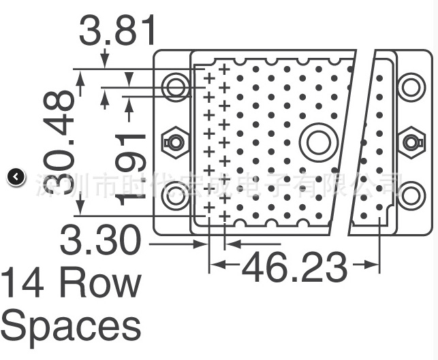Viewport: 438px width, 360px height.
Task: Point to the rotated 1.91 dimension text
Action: [131, 168]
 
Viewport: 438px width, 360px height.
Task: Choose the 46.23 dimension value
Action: [294, 267]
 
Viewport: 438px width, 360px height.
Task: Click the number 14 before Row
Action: [24, 282]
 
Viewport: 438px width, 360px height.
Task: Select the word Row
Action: [100, 282]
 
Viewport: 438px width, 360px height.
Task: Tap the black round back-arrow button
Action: [16, 178]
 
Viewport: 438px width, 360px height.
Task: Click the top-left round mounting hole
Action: [176, 86]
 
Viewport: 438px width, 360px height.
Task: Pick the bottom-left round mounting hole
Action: [176, 196]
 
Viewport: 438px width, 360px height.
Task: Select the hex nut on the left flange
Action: [175, 142]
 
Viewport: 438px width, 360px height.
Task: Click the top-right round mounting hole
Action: [411, 86]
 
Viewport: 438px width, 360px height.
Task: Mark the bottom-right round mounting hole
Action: [411, 196]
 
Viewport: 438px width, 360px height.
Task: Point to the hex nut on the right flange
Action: [410, 142]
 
